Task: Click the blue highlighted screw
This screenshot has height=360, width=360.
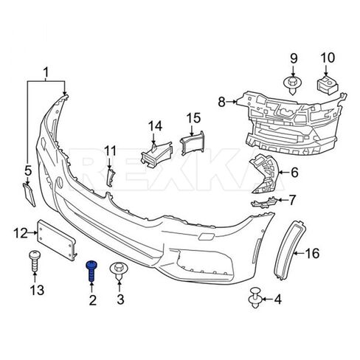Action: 91,271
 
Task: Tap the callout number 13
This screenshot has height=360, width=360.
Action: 38,290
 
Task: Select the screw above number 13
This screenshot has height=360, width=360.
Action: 35,260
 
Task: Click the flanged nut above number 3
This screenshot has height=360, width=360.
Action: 120,270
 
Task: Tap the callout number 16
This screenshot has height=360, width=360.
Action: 312,253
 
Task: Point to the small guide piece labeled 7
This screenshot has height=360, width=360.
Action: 264,202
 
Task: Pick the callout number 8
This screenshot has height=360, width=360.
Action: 221,102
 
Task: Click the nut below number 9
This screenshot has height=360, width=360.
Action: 293,85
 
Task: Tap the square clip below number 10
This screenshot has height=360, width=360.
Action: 327,85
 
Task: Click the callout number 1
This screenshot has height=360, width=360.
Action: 46,72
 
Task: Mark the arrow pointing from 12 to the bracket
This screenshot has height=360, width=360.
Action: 32,232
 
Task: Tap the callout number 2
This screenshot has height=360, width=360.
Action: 93,300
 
